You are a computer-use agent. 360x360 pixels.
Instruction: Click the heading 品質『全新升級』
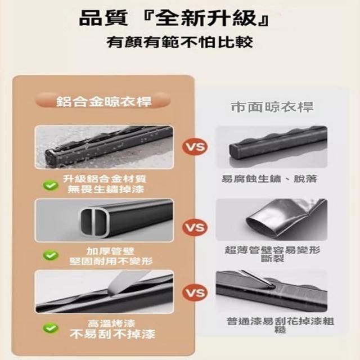174,19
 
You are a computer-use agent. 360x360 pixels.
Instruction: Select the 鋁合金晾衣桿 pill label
103,101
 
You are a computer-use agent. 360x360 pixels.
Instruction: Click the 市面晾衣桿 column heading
272,107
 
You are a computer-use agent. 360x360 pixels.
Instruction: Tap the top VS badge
195,146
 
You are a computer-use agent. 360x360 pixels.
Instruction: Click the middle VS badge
195,227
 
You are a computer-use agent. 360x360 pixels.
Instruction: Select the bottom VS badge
195,293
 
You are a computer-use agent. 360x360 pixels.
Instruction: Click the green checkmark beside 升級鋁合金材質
51,185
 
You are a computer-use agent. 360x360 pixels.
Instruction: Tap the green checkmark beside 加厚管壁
51,255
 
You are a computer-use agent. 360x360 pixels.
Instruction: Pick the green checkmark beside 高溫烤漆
51,328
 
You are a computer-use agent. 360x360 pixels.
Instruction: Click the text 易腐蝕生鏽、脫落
269,179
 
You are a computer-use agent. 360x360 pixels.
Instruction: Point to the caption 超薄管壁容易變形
272,250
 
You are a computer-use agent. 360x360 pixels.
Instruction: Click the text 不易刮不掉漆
112,334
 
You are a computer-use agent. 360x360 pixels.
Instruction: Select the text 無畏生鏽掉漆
106,189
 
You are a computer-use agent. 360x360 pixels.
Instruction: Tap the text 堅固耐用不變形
111,261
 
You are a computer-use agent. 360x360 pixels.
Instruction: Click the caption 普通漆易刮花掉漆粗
280,321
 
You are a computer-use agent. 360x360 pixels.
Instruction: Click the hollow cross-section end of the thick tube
94,222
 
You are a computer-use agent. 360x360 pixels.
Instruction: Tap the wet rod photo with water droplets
104,147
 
